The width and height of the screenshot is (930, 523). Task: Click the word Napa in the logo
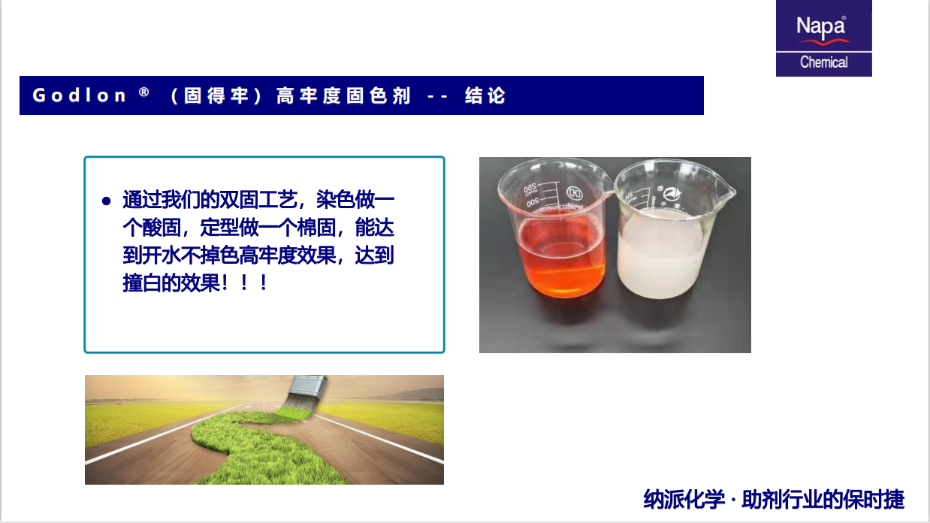click(x=821, y=27)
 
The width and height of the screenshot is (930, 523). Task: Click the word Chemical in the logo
click(x=824, y=62)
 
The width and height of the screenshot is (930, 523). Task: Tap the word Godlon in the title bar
click(x=79, y=95)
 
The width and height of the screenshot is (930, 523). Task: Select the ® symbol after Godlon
click(x=144, y=92)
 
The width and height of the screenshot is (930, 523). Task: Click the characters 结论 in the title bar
click(x=485, y=95)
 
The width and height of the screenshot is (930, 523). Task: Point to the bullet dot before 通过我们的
click(x=106, y=201)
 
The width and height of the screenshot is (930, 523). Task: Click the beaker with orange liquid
click(x=554, y=233)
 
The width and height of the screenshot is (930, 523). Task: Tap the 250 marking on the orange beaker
click(x=530, y=188)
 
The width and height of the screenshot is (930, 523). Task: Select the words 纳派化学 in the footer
click(x=684, y=499)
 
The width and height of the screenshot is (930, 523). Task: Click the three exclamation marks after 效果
click(x=245, y=283)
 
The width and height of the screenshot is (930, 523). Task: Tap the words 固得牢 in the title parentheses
click(x=216, y=95)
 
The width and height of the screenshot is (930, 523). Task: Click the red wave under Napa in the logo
click(x=824, y=41)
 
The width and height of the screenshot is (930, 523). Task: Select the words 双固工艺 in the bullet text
click(x=258, y=200)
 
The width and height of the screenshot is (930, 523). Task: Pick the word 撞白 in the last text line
click(x=141, y=283)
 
